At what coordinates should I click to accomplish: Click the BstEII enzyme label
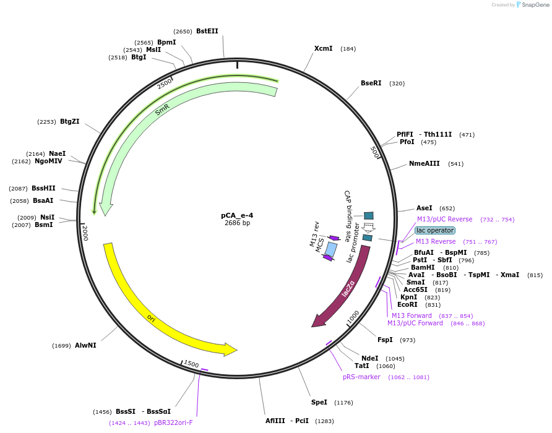pyautogui.click(x=207, y=31)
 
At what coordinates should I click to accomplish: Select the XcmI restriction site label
pyautogui.click(x=323, y=48)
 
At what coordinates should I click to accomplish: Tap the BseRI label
pyautogui.click(x=371, y=83)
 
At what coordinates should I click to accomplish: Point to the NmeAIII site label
pyautogui.click(x=424, y=163)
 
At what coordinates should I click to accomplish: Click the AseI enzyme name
pyautogui.click(x=424, y=208)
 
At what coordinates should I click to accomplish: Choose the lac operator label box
pyautogui.click(x=435, y=230)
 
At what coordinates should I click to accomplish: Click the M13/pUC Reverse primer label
pyautogui.click(x=444, y=219)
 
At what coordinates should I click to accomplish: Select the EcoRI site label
pyautogui.click(x=407, y=304)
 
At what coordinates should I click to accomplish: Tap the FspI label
pyautogui.click(x=385, y=340)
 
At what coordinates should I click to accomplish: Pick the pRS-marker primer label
pyautogui.click(x=361, y=377)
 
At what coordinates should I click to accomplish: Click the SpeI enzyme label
pyautogui.click(x=319, y=402)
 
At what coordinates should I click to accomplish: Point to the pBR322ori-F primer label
pyautogui.click(x=173, y=422)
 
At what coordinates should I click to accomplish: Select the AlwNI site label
pyautogui.click(x=85, y=345)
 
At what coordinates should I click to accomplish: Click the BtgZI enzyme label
pyautogui.click(x=69, y=121)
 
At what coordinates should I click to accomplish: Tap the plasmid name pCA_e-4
pyautogui.click(x=237, y=215)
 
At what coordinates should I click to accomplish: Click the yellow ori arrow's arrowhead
pyautogui.click(x=231, y=349)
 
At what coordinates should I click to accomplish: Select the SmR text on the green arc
pyautogui.click(x=162, y=109)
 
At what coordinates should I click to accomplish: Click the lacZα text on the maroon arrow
pyautogui.click(x=348, y=288)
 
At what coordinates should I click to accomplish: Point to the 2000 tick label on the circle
pyautogui.click(x=85, y=233)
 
